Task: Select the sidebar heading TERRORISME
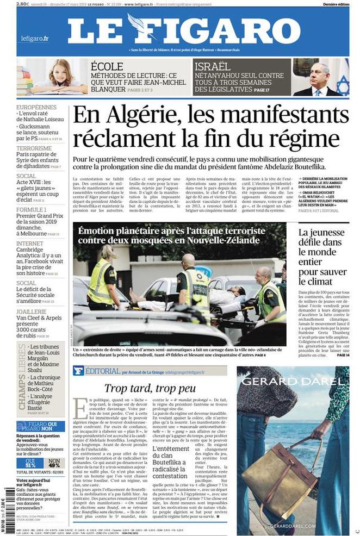click(34, 148)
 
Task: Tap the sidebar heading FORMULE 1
click(32, 209)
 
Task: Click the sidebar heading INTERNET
click(30, 244)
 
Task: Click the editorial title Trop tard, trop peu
click(150, 388)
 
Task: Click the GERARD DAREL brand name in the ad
click(293, 381)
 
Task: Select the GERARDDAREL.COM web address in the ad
click(293, 526)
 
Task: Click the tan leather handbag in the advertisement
click(275, 479)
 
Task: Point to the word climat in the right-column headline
click(315, 282)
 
